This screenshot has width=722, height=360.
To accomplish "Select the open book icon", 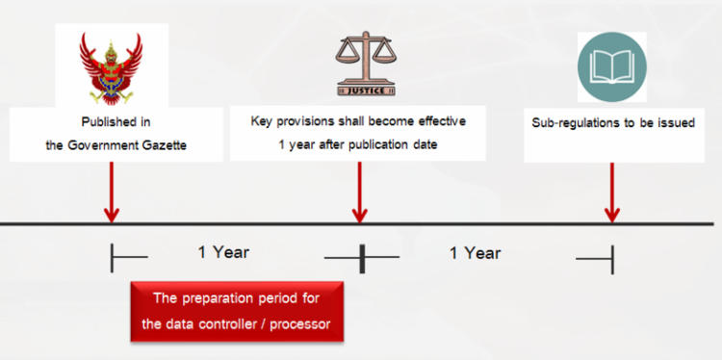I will (612, 64).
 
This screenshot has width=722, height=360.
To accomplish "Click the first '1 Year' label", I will (223, 252).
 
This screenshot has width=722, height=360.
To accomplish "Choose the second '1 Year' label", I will (475, 252).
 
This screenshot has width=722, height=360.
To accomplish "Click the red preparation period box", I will (237, 311).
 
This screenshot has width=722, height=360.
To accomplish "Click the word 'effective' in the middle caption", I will (438, 121).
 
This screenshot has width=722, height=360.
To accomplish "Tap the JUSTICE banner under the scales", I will (362, 90).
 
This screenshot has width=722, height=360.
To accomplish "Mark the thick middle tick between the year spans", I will (362, 257).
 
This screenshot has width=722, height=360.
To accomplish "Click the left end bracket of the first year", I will (114, 257).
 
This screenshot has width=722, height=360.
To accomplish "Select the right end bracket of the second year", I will (611, 257).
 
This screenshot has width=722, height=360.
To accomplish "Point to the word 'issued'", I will (675, 123).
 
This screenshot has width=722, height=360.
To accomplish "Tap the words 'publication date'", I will (402, 146).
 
